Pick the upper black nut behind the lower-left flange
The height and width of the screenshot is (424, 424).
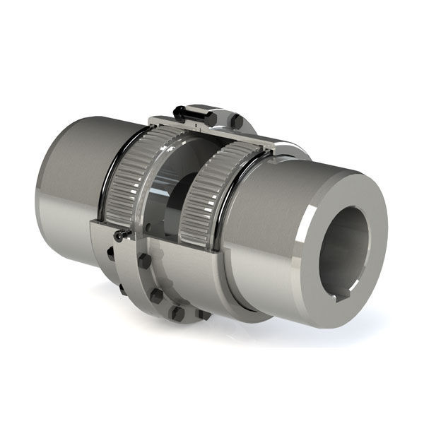(112, 255)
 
